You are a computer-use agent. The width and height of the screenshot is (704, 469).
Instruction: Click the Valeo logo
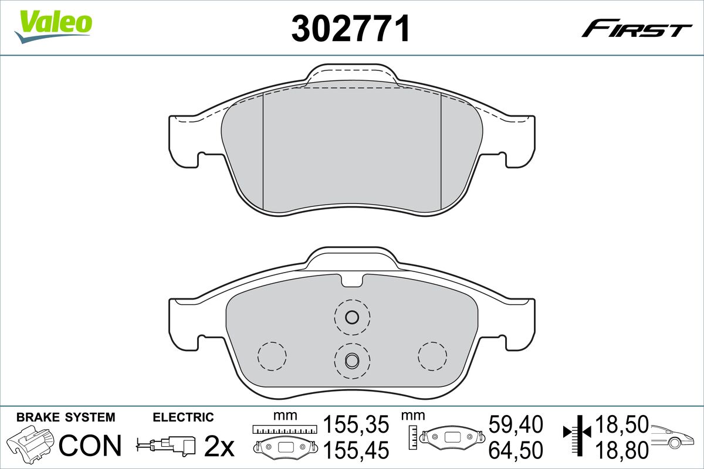[53, 26]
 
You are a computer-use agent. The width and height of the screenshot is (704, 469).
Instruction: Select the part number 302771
[350, 29]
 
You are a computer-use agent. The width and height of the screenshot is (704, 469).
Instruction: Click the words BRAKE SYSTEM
[66, 417]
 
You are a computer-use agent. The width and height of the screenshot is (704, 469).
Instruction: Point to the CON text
[90, 446]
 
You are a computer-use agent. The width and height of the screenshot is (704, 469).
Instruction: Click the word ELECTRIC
[183, 417]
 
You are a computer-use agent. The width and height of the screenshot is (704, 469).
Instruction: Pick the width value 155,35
[356, 424]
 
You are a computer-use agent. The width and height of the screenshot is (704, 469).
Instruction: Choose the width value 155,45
[356, 450]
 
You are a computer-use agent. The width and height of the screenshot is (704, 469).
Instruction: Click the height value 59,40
[516, 424]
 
